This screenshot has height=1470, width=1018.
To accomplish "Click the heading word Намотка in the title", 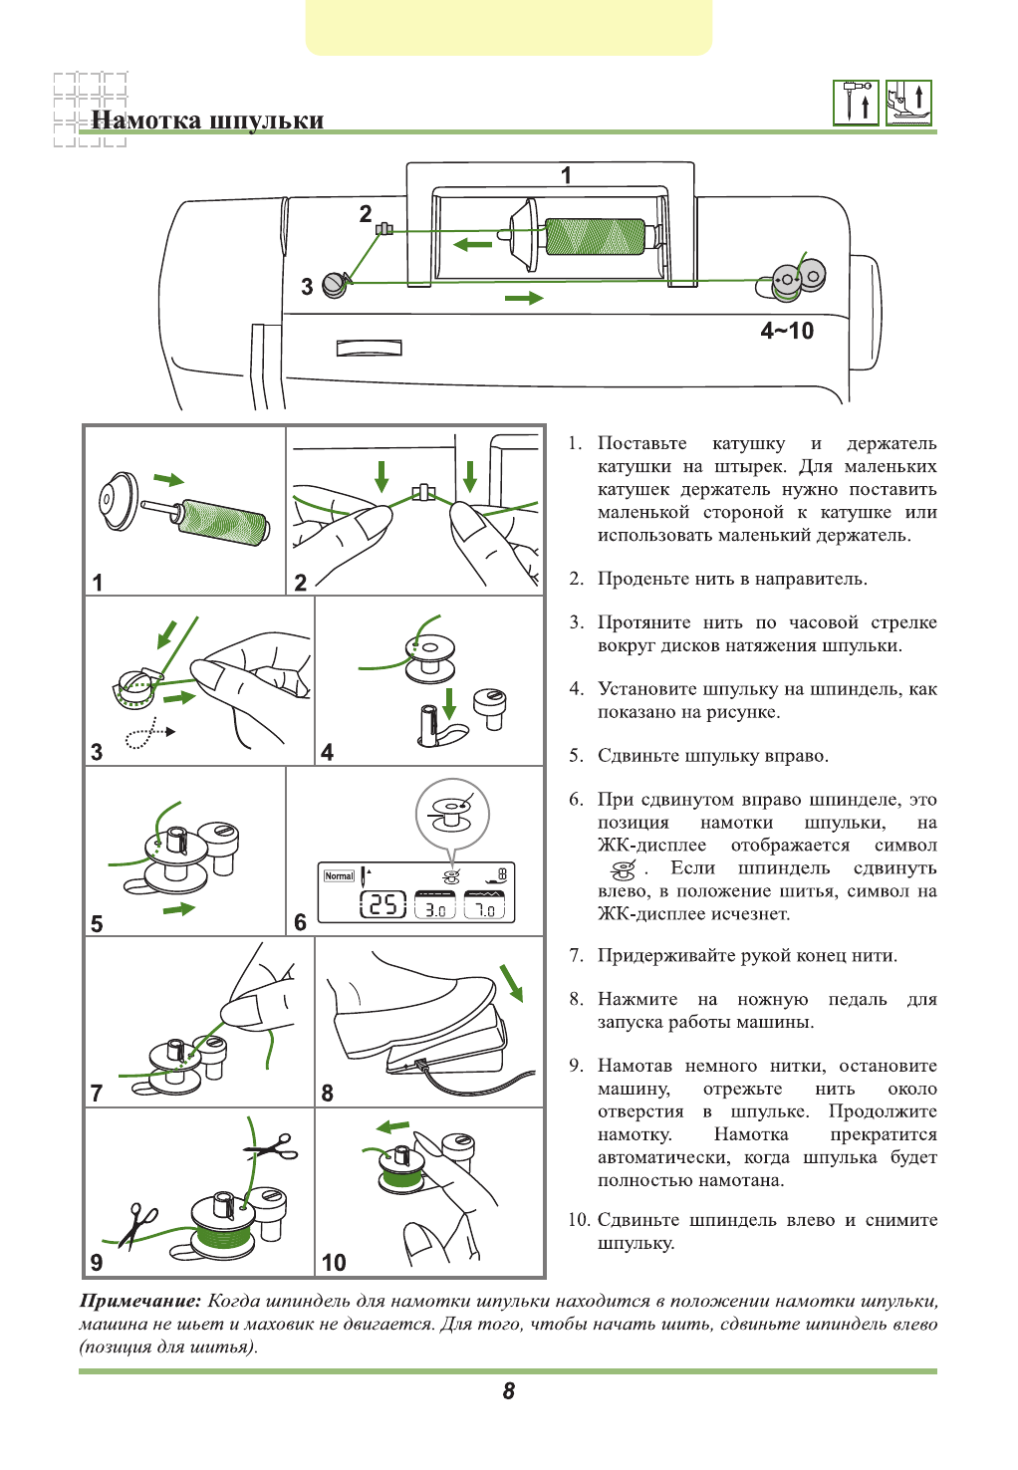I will (146, 121).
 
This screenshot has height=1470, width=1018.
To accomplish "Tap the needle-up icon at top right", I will (856, 103).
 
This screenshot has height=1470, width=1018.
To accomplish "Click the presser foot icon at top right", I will (908, 103).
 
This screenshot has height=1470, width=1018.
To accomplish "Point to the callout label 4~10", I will (787, 331).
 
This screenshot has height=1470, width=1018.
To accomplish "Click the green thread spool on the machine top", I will (596, 236).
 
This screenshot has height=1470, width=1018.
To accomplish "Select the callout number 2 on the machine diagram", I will (366, 213).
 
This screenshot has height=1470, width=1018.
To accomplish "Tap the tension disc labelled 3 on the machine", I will (336, 286).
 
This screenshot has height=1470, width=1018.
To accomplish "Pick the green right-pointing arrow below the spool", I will (524, 298).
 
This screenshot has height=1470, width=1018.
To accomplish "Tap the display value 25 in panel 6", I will (382, 904).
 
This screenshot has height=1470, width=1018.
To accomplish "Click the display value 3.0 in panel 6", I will (435, 908).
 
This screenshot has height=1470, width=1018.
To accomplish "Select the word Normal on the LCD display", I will (339, 875).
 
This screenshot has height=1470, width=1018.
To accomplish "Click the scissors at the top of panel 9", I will (272, 1147).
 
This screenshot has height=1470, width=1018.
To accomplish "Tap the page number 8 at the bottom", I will (509, 1391).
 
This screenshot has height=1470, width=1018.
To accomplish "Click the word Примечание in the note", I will (140, 1301).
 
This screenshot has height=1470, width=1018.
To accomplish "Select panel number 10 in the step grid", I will (334, 1262).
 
